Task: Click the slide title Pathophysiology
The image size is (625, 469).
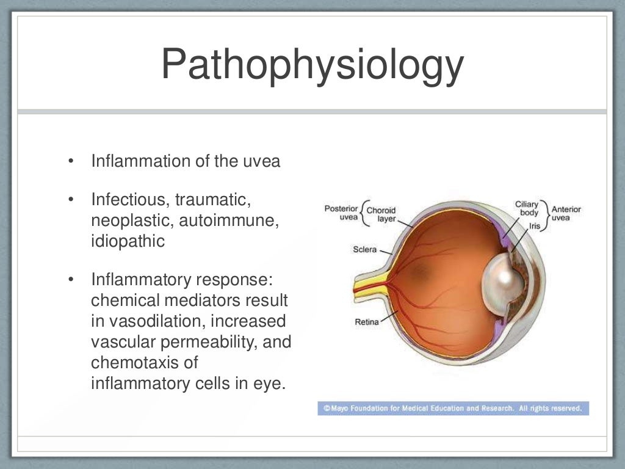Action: click(312, 65)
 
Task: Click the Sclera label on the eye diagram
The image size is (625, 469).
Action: click(364, 249)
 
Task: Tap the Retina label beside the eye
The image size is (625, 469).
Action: click(367, 322)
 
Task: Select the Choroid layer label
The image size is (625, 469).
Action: click(382, 214)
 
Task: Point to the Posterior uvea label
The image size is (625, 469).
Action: click(341, 213)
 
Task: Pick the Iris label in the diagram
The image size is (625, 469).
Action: click(535, 225)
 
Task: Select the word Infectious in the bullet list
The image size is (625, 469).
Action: click(129, 200)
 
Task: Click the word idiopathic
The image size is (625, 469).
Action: click(128, 241)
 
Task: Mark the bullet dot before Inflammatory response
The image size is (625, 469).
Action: click(71, 280)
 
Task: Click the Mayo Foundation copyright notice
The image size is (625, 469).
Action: click(453, 408)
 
